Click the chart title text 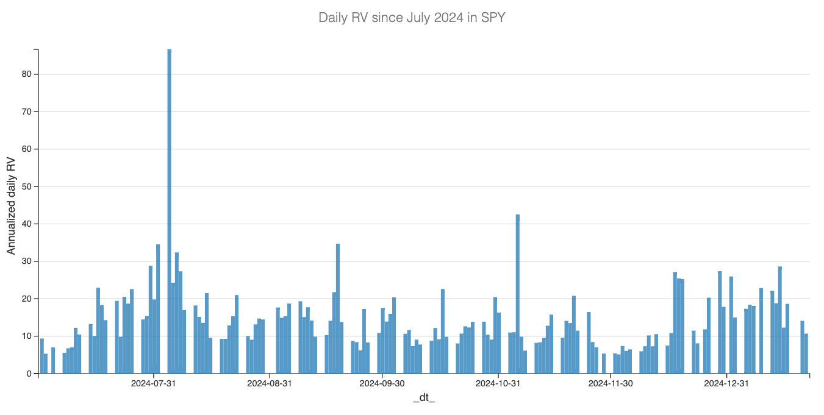point(412,18)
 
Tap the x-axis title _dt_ point(424,398)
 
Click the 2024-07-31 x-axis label point(154,383)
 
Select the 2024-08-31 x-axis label point(270,383)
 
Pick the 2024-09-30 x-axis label point(382,383)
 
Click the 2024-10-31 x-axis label point(498,383)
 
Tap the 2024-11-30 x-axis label point(611,383)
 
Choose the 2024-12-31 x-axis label point(726,383)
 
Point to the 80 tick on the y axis point(26,74)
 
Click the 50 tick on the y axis point(26,186)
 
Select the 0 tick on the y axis point(29,374)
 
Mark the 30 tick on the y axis point(26,261)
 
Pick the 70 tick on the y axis point(26,112)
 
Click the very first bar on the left point(42,356)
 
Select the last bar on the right point(806,353)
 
